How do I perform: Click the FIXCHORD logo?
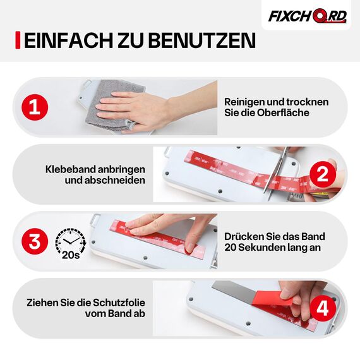tap(308, 16)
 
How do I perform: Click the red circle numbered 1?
tap(35, 107)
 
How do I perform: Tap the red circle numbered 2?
tap(321, 174)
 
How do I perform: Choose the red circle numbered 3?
tap(35, 241)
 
